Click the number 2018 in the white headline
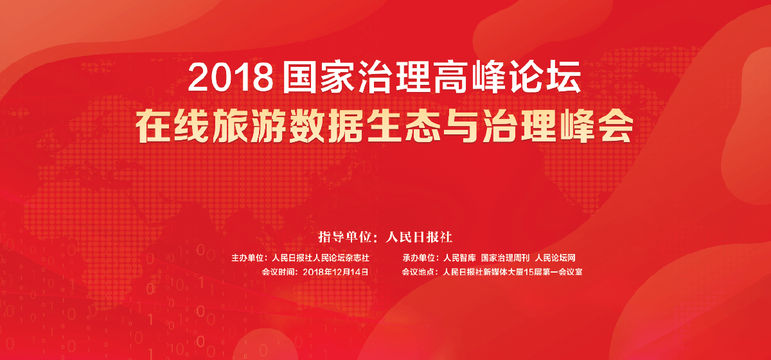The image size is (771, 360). tap(230, 78)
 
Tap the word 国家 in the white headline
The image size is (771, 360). tap(319, 77)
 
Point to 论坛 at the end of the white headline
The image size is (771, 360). tap(546, 77)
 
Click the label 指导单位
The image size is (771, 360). tap(345, 237)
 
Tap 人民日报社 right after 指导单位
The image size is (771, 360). tap(418, 237)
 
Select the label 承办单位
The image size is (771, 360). tap(419, 258)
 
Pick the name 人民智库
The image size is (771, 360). tap(459, 258)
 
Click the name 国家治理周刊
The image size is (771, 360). tap(505, 258)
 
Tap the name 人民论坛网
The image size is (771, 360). tap(555, 258)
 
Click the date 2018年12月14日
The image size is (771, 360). tap(335, 272)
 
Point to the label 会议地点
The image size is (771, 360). tap(418, 272)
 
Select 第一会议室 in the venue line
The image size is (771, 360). tap(562, 272)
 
